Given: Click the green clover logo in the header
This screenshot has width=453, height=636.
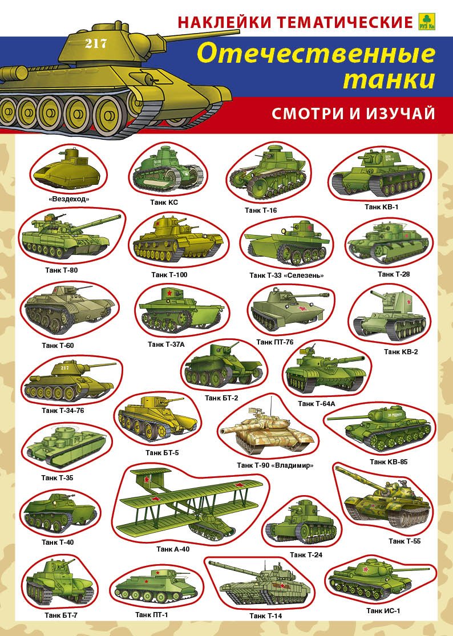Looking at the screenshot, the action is click(x=427, y=22).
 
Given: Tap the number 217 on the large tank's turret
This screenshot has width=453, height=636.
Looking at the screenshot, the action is click(x=96, y=43).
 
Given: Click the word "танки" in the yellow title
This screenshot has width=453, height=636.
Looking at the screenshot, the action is click(x=389, y=79).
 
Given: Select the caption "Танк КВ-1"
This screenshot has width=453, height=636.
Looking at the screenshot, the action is click(x=381, y=207).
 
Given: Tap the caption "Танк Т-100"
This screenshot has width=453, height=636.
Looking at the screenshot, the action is click(x=169, y=274).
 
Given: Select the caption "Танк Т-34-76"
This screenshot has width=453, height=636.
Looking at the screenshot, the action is click(x=63, y=411).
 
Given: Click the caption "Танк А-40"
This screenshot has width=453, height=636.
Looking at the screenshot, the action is click(x=173, y=549).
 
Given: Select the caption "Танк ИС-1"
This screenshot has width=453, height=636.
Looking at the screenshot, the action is click(x=383, y=611).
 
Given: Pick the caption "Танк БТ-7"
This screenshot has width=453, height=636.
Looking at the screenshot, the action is click(x=61, y=615).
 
